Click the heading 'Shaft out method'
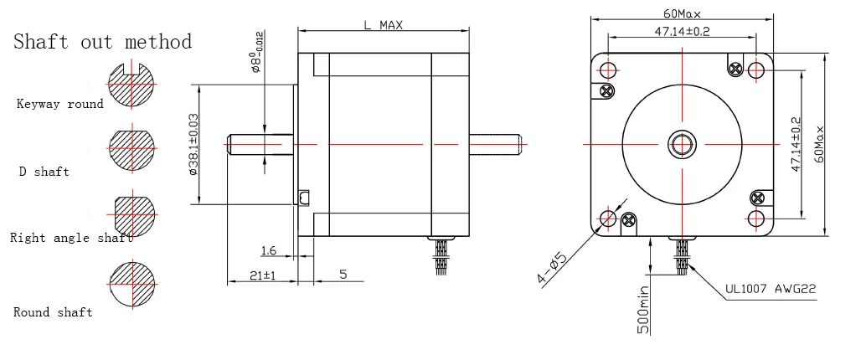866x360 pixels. point(102,42)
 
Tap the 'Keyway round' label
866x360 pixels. point(60,105)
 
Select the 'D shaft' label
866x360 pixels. point(44,172)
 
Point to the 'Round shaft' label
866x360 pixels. point(53,312)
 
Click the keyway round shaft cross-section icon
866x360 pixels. point(131,85)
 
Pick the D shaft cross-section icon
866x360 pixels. point(131,150)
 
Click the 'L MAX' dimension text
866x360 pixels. point(383,25)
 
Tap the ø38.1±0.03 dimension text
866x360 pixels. point(193,144)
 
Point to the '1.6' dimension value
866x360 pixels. point(269,250)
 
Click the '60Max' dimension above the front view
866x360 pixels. point(682,13)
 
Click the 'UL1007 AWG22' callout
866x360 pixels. point(771,291)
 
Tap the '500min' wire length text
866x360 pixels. point(643,310)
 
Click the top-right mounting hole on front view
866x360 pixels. point(756,69)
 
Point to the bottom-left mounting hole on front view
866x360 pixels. point(609,219)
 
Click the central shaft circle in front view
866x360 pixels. point(683,143)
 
